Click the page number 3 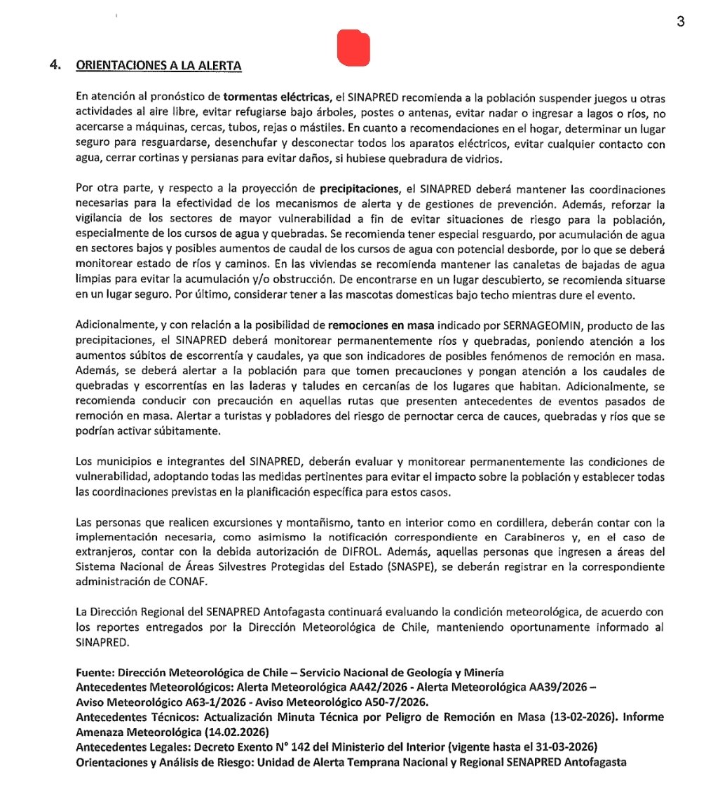[680, 22]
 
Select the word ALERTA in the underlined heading [217, 66]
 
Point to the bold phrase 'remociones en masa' [381, 326]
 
